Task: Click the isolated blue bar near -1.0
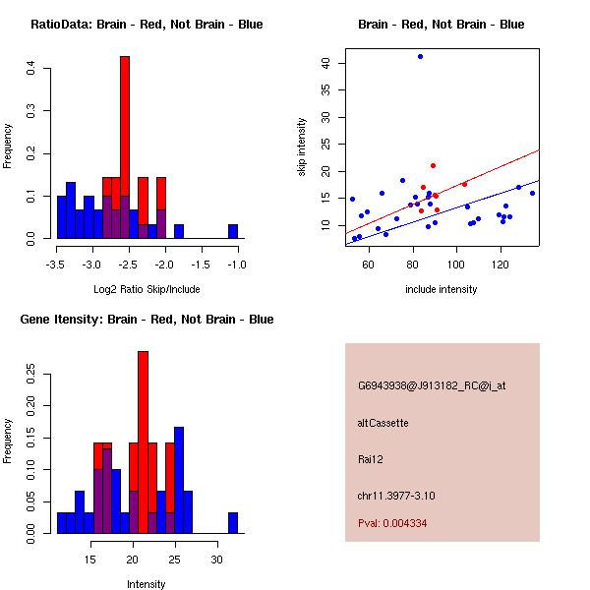coord(233,232)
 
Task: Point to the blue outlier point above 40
coord(420,56)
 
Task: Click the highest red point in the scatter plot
coord(433,165)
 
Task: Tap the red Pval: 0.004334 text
coord(392,523)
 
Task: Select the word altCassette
coord(383,423)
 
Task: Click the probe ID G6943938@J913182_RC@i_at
coord(431,386)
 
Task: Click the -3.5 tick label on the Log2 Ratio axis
coord(57,265)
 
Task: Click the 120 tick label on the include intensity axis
coord(501,265)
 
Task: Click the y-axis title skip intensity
coord(302,147)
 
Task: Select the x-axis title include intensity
coord(442,289)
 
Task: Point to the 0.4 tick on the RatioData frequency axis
coord(32,68)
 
